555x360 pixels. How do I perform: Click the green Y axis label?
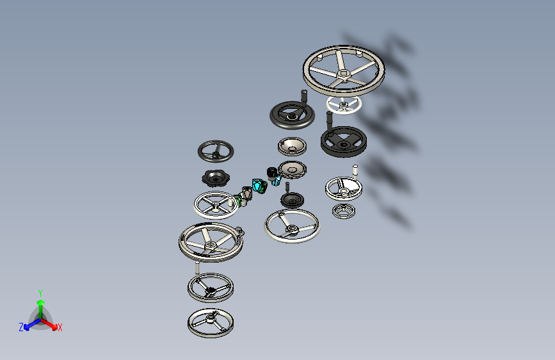click(40, 293)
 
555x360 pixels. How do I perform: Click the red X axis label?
click(60, 327)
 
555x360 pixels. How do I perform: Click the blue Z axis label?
click(21, 327)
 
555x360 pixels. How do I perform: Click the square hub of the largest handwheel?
click(343, 74)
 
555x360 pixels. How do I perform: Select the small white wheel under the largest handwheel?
click(344, 105)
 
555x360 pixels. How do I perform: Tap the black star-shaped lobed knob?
click(216, 178)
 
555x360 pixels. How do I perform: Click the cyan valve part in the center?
click(259, 186)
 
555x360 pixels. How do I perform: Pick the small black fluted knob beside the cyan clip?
click(271, 173)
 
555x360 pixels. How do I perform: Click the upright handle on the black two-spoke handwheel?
click(304, 96)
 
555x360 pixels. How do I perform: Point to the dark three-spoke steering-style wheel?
click(216, 151)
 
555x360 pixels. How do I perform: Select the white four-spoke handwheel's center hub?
click(216, 204)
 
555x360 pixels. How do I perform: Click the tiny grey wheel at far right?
click(344, 211)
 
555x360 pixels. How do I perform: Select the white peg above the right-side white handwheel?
click(355, 170)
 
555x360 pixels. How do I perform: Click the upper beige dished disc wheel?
click(292, 146)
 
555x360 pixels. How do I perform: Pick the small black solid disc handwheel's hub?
click(292, 201)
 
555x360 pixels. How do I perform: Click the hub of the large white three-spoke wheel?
click(291, 228)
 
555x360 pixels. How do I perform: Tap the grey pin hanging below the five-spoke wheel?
click(197, 268)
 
